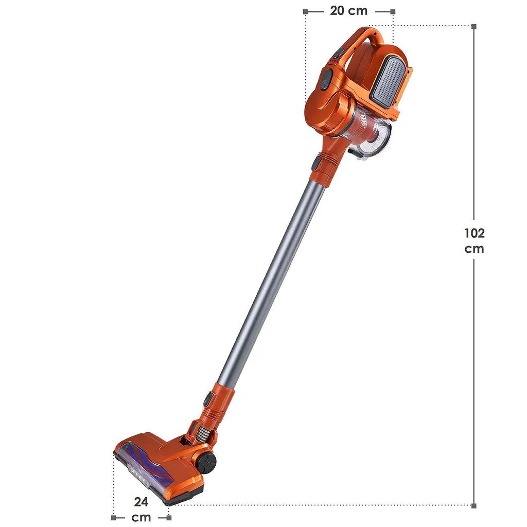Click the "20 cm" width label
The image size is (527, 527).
click(x=348, y=11)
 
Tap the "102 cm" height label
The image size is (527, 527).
click(x=474, y=241)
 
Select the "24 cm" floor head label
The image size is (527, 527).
click(x=141, y=510)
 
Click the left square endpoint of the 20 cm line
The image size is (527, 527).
click(x=305, y=12)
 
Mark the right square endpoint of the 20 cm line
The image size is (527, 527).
click(x=393, y=12)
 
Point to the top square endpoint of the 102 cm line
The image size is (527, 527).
click(x=474, y=26)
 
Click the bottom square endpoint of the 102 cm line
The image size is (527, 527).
click(x=474, y=506)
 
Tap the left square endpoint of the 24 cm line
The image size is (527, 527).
click(x=114, y=518)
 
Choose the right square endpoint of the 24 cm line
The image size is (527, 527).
click(x=169, y=518)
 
